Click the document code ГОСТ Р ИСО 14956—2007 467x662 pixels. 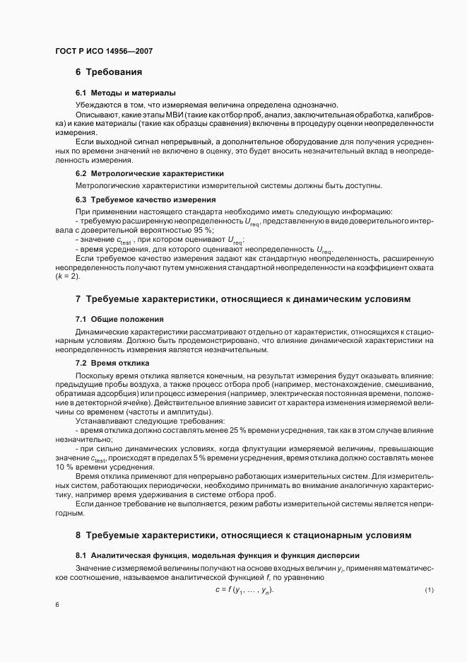click(x=103, y=52)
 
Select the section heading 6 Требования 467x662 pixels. click(x=109, y=72)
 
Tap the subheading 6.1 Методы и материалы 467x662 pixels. click(x=126, y=93)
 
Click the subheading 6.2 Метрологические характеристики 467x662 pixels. click(x=150, y=173)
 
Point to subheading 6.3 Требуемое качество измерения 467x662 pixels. click(x=146, y=199)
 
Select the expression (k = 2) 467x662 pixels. click(x=70, y=275)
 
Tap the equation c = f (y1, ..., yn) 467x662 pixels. click(x=244, y=590)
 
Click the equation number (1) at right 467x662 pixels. click(x=429, y=590)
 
